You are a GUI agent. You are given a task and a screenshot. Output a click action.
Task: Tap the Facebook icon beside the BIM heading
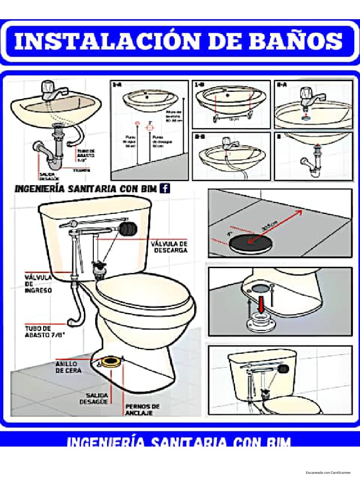pyautogui.click(x=165, y=188)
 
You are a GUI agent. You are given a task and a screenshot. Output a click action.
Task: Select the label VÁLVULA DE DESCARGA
pyautogui.click(x=169, y=247)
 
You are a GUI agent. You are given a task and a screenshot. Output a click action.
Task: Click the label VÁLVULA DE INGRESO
pyautogui.click(x=38, y=284)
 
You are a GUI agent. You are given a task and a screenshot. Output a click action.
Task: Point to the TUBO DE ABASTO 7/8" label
pyautogui.click(x=45, y=332)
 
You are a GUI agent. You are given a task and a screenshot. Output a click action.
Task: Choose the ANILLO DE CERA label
pyautogui.click(x=68, y=367)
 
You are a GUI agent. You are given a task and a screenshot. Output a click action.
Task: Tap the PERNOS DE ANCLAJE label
pyautogui.click(x=142, y=409)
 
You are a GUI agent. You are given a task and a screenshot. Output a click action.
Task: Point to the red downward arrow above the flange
pyautogui.click(x=259, y=305)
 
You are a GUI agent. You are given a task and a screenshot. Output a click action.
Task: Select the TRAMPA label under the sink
pyautogui.click(x=81, y=171)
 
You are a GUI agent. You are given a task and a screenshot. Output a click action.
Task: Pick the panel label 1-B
pyautogui.click(x=199, y=85)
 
